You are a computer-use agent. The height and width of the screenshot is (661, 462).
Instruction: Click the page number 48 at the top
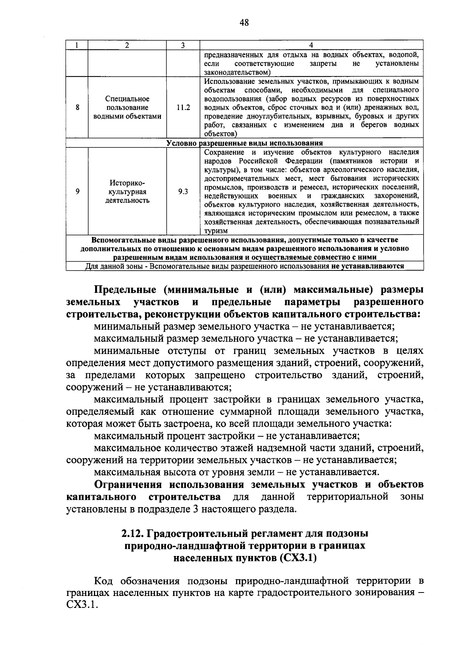pyautogui.click(x=244, y=23)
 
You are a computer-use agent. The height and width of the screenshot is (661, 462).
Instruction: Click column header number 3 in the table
pyautogui.click(x=183, y=45)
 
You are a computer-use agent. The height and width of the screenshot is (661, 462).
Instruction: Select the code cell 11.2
pyautogui.click(x=183, y=108)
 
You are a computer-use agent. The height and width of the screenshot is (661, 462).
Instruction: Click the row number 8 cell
pyautogui.click(x=77, y=108)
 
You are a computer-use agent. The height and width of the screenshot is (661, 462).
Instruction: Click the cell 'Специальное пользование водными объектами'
pyautogui.click(x=127, y=108)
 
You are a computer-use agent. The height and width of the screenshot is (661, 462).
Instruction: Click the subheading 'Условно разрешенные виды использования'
pyautogui.click(x=244, y=143)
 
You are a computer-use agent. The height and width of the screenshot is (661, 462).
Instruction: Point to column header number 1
pyautogui.click(x=77, y=45)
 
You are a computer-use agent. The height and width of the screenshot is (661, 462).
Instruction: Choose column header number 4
pyautogui.click(x=311, y=45)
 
